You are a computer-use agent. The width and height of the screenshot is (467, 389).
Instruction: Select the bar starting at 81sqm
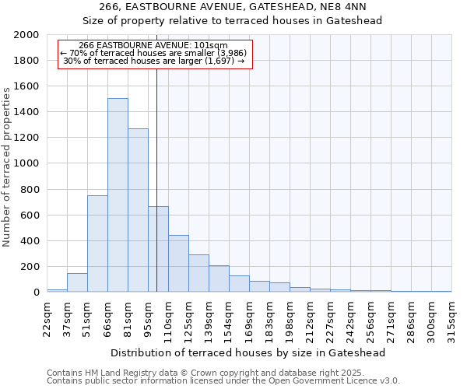138,210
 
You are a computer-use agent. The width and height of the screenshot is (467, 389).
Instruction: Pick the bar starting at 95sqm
158,249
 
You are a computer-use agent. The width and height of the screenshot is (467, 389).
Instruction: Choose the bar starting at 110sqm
178,264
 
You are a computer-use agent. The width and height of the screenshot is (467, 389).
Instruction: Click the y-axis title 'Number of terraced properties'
8,167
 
